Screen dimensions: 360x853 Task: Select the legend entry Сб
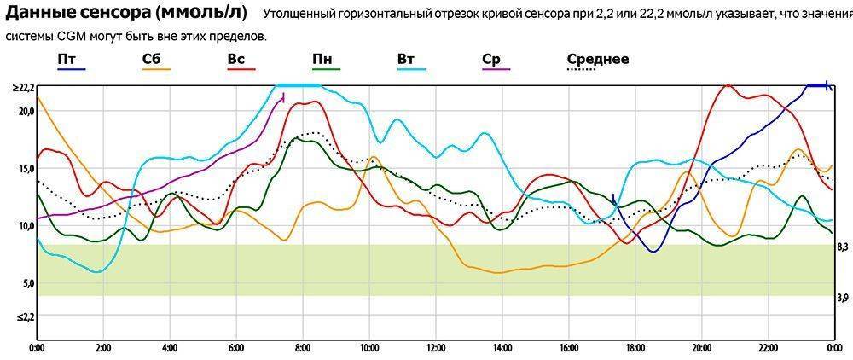click(x=154, y=59)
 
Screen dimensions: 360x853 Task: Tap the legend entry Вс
click(x=236, y=59)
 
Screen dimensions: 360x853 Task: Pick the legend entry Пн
click(x=322, y=59)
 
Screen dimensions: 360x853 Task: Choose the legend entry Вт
click(x=407, y=59)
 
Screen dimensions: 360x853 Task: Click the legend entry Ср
click(x=490, y=59)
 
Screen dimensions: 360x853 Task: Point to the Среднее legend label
click(x=598, y=59)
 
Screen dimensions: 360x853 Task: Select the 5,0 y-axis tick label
click(x=26, y=283)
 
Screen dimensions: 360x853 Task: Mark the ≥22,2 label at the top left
click(x=22, y=88)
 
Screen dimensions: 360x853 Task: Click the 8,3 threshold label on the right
click(x=842, y=247)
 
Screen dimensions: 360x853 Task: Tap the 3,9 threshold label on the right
click(x=842, y=297)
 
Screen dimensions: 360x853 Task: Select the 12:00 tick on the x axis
click(x=435, y=348)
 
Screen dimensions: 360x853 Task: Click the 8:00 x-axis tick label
click(x=303, y=348)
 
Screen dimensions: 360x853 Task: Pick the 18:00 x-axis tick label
click(x=635, y=348)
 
